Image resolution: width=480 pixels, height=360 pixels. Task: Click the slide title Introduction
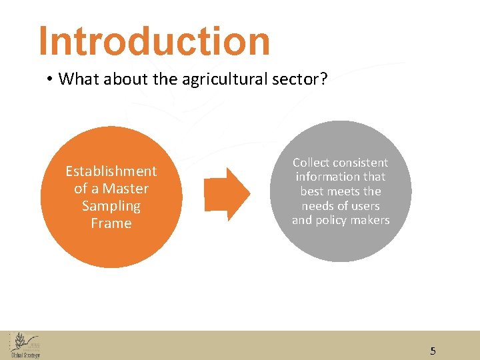point(155,41)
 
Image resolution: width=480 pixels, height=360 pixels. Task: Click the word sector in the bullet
point(304,79)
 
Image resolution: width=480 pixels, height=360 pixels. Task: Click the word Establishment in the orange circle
point(111,171)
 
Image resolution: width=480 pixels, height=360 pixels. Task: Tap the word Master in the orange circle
point(126,189)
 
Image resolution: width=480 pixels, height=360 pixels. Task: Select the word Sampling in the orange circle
point(111,206)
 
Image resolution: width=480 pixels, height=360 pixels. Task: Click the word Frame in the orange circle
point(111,223)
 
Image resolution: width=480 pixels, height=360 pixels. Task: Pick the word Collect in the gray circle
point(311,163)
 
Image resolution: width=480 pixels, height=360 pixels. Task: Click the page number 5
point(433,351)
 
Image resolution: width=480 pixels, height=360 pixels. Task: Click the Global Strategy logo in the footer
point(25,345)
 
